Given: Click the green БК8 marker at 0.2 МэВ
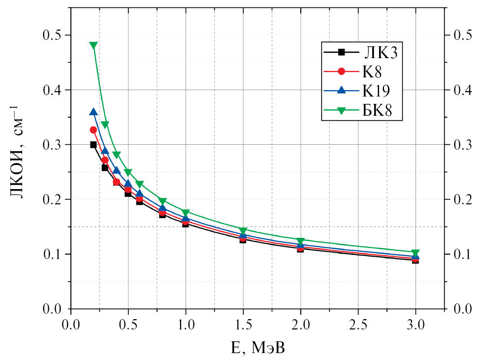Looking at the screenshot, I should coord(94,45).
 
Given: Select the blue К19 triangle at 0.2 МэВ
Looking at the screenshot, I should coord(94,112).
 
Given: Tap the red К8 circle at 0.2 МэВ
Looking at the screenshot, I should coord(94,130).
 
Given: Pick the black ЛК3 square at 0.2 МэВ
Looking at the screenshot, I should coord(94,145).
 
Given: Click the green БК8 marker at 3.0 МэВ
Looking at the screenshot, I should coord(416,253).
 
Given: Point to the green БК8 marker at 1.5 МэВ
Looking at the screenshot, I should coord(243,230).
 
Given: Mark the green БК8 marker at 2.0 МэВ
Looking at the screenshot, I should coord(301,241).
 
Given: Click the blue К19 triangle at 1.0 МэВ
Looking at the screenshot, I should coord(186,218).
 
